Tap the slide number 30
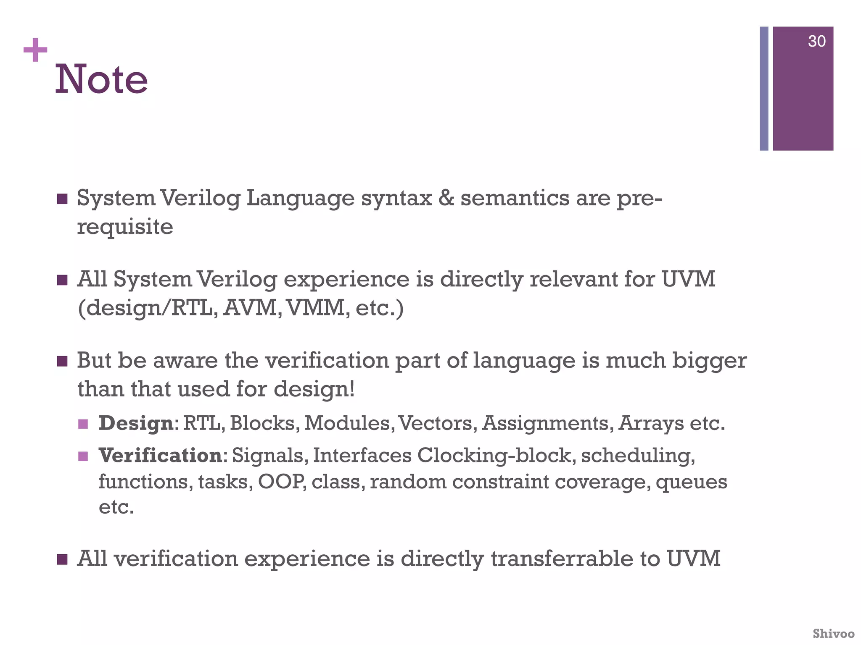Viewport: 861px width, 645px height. [x=816, y=42]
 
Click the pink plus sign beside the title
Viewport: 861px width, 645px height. [x=35, y=50]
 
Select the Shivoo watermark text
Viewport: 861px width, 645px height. [x=833, y=633]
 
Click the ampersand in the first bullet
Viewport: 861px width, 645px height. [x=446, y=198]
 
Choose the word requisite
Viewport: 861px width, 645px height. [x=125, y=227]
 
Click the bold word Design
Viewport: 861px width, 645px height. [x=136, y=423]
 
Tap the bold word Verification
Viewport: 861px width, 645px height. [x=160, y=456]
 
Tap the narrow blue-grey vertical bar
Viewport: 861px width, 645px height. [x=764, y=89]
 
